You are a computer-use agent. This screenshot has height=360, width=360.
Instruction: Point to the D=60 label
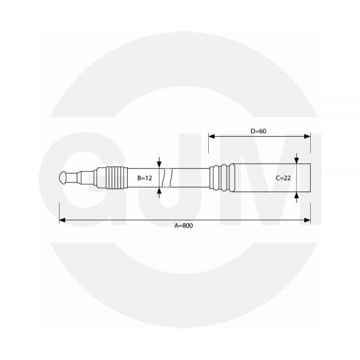(259, 130)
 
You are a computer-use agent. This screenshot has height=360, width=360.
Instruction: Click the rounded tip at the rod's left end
(64, 178)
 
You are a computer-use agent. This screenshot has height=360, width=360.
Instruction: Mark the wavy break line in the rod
(172, 178)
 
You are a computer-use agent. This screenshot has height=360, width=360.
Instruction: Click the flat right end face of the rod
(310, 178)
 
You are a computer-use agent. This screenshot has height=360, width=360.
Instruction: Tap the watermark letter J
(180, 180)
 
